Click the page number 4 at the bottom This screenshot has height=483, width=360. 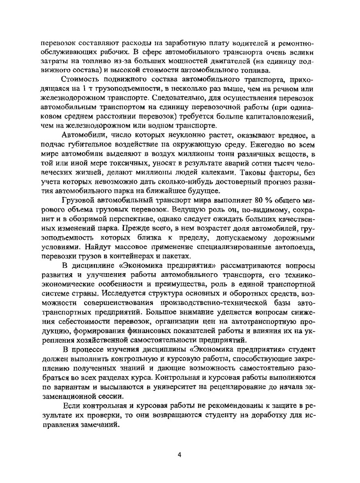(x=179, y=455)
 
